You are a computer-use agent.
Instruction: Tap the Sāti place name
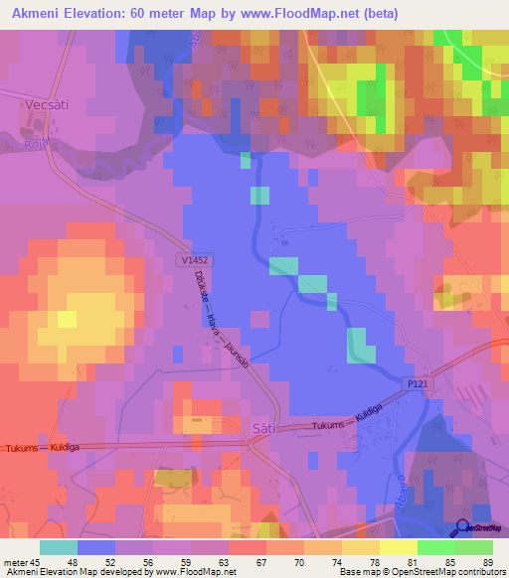pos(264,426)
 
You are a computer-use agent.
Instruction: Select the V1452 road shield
pos(195,260)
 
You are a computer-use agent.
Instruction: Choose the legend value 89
pos(487,561)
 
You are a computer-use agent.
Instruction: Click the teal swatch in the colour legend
pos(59,547)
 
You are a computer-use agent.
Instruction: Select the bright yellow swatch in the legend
pos(399,547)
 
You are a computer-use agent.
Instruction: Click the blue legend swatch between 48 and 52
pos(96,547)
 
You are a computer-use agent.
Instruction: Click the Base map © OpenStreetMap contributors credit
pos(422,572)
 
